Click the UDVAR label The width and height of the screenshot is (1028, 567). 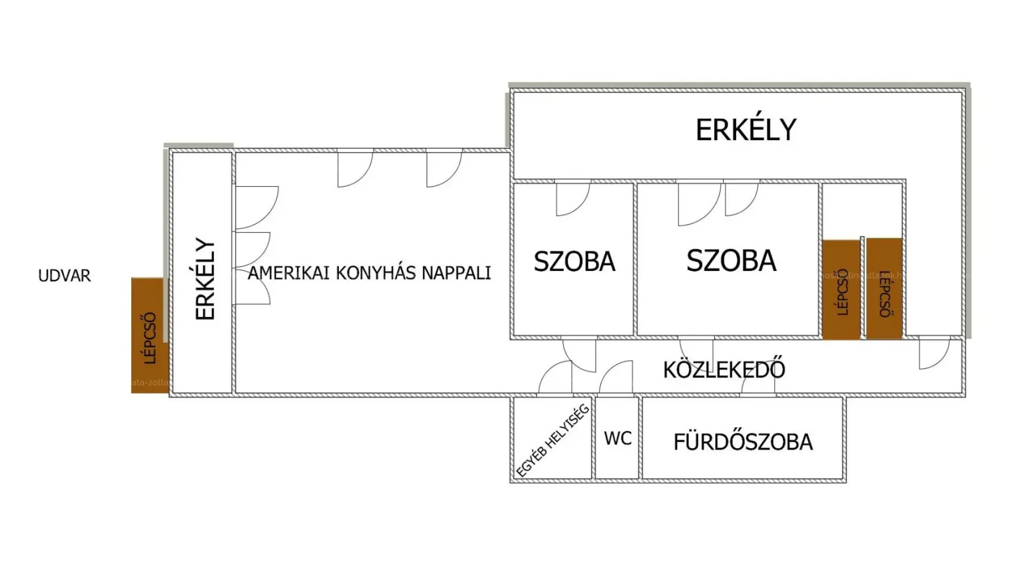pyautogui.click(x=64, y=276)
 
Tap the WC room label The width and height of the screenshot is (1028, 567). pyautogui.click(x=617, y=439)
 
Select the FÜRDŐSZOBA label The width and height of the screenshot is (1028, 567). pyautogui.click(x=743, y=442)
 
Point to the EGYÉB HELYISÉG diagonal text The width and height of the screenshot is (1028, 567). pyautogui.click(x=552, y=441)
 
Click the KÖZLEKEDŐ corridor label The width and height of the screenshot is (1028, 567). pyautogui.click(x=724, y=370)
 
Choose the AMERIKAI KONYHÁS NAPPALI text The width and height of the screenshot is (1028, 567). pyautogui.click(x=369, y=273)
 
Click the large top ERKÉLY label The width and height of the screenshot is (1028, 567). pyautogui.click(x=746, y=130)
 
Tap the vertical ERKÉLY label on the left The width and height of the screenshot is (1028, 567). pyautogui.click(x=205, y=279)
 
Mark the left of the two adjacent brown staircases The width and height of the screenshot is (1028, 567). pyautogui.click(x=841, y=290)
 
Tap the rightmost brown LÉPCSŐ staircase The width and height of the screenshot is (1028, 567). pyautogui.click(x=884, y=290)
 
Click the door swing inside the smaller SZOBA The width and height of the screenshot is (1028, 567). pyautogui.click(x=572, y=199)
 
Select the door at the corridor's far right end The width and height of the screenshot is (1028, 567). pyautogui.click(x=933, y=353)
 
